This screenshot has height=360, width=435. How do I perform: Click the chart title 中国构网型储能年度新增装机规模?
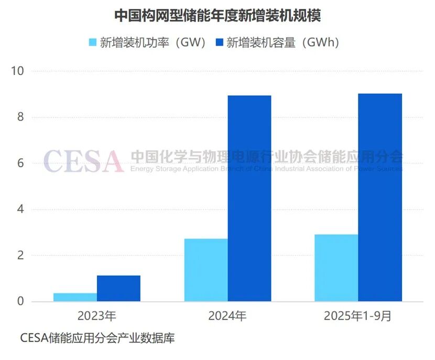click(217, 16)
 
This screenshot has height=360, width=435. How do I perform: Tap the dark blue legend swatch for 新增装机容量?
click(219, 42)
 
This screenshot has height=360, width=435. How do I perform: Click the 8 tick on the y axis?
click(20, 117)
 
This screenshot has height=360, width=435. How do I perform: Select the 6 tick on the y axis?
click(20, 163)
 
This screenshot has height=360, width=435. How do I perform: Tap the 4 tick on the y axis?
click(20, 210)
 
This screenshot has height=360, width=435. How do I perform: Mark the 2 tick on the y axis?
click(20, 256)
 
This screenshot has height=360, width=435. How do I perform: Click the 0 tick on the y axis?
click(20, 301)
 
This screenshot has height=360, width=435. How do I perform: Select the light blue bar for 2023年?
click(75, 297)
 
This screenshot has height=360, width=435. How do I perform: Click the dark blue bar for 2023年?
click(118, 288)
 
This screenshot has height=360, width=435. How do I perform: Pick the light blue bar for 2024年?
click(206, 270)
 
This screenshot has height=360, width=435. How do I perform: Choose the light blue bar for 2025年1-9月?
click(336, 268)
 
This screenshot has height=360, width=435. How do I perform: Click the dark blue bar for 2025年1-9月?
click(380, 198)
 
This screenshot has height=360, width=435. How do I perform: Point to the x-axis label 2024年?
click(227, 316)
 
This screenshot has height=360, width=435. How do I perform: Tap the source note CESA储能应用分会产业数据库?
click(97, 338)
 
